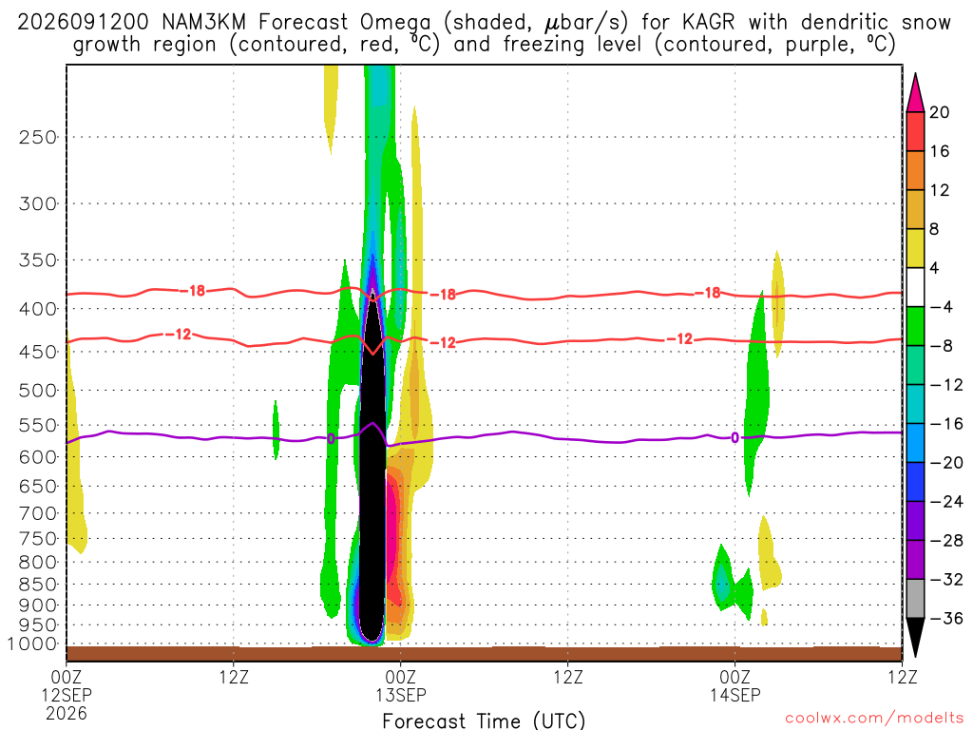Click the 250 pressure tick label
38,137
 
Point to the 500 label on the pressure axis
38,391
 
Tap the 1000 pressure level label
32,644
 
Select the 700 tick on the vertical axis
38,513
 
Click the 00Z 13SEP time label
400,685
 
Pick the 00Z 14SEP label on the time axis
735,685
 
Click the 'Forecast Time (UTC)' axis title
484,720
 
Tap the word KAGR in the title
708,23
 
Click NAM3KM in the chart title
203,23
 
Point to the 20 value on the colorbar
939,112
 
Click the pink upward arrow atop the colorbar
915,92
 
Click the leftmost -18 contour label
197,291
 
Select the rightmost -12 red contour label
683,339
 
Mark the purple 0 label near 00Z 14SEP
735,437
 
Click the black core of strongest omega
372,471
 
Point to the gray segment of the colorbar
915,599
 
